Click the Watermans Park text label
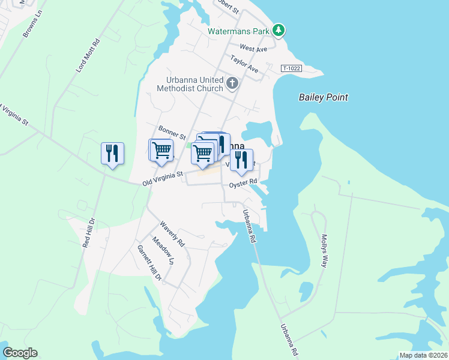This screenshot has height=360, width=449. pos(238,31)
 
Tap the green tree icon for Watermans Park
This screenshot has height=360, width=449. pos(278,29)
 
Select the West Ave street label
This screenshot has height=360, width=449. pos(253,48)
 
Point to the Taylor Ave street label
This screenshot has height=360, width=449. pos(244,65)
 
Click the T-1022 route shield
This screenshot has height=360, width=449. pos(291,69)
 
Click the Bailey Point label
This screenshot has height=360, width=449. pos(324,97)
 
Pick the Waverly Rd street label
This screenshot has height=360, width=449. pos(172,235)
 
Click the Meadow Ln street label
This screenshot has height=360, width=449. pos(163,251)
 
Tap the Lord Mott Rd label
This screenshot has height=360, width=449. pos(88,57)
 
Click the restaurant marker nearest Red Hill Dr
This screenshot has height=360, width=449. pos(112,154)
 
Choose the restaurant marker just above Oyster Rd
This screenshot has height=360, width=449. pos(241,160)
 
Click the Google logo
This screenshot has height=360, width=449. pos(20,353)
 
